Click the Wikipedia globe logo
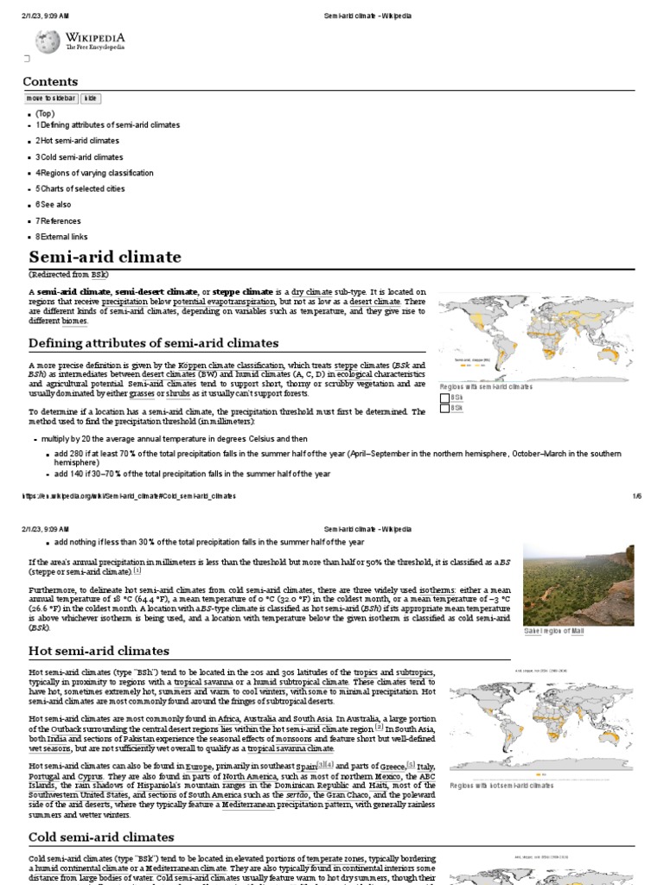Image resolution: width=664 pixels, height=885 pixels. (x=47, y=41)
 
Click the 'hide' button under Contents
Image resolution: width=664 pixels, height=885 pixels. (x=91, y=99)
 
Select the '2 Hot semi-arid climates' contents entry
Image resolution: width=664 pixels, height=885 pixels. (x=77, y=141)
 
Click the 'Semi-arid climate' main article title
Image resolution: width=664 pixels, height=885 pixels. (x=105, y=257)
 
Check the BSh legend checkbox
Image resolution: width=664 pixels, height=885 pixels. (x=445, y=398)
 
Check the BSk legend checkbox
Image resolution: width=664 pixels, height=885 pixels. (x=445, y=408)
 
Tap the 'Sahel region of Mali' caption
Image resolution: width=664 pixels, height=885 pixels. (x=554, y=632)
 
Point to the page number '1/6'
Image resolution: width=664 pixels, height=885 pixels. (x=636, y=496)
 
